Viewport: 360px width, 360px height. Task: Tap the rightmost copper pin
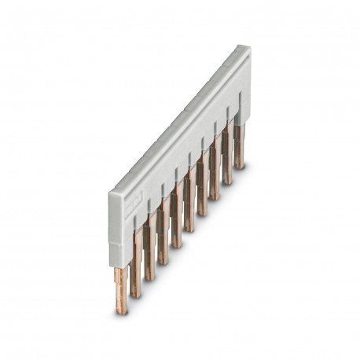coord(239,154)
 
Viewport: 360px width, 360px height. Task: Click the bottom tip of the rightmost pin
coord(239,167)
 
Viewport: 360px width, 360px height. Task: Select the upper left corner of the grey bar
coord(110,189)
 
